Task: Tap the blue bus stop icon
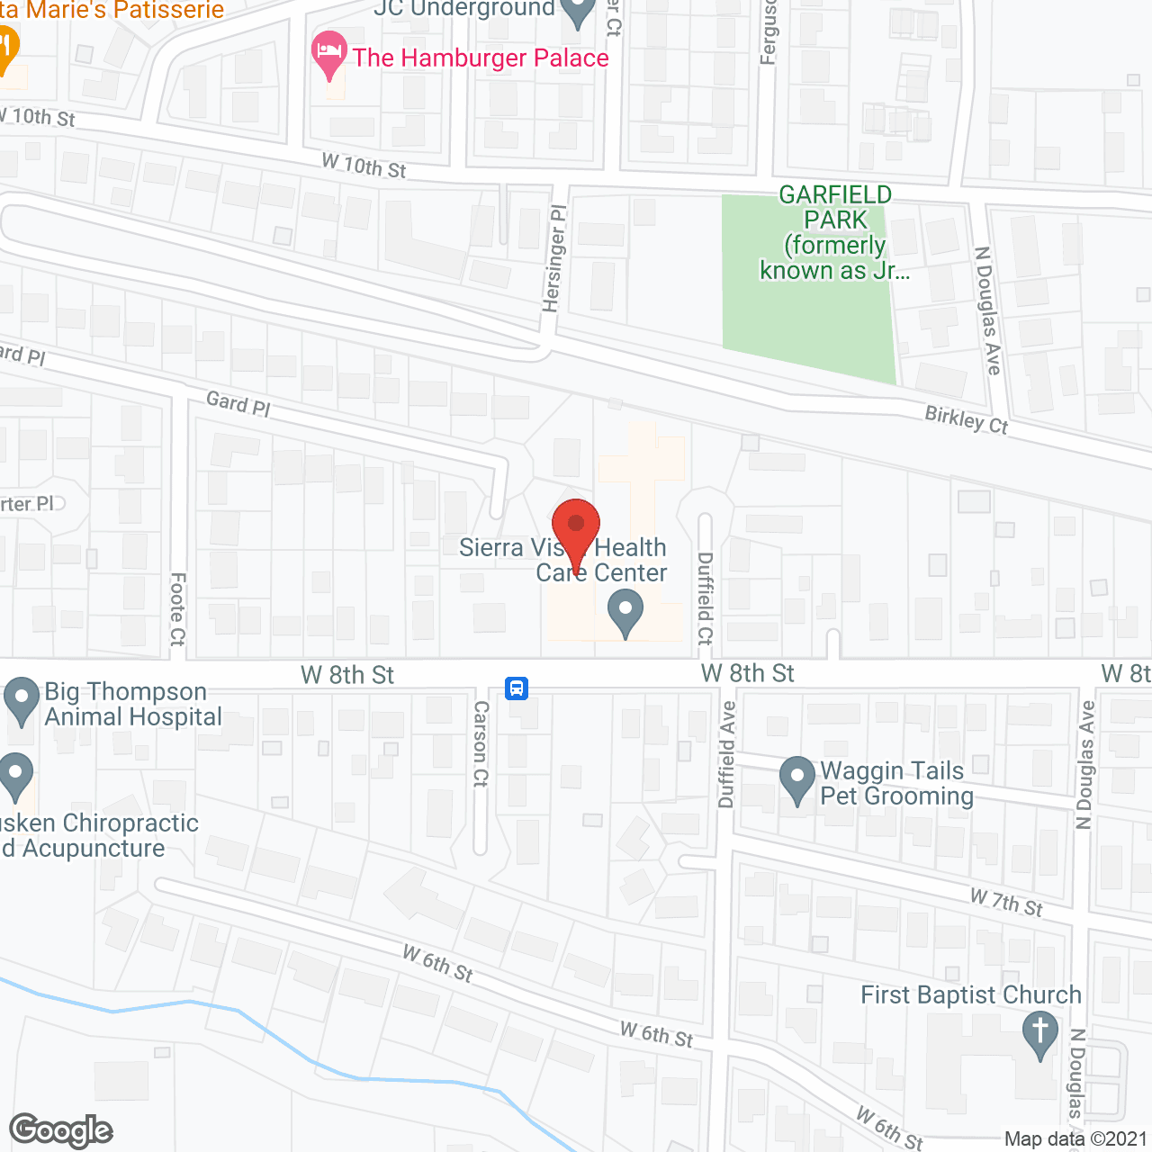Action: coord(517,688)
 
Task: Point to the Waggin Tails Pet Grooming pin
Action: coord(796,780)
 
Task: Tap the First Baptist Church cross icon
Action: coord(1040,1034)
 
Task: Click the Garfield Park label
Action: coord(835,232)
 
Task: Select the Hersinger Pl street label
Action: coord(555,258)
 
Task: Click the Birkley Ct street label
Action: coord(967,419)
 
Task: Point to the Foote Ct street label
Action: coord(177,609)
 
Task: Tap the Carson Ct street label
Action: coord(481,743)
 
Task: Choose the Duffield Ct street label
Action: coord(705,598)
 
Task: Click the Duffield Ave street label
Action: coord(727,754)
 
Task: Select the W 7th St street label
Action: coord(1006,901)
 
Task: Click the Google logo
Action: coord(61,1130)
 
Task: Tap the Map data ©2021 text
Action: coord(1075,1139)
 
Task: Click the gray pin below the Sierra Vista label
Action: coord(625,613)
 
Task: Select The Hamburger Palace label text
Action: coord(481,58)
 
